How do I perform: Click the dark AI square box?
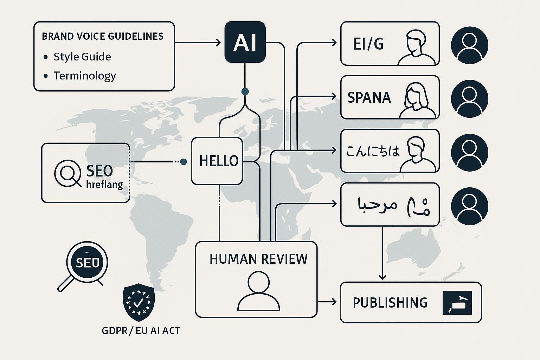tap(245, 42)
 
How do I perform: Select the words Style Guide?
tap(82, 57)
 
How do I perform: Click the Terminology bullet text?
tap(84, 76)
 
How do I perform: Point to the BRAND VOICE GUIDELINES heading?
tap(103, 37)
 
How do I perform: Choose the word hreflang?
tap(104, 184)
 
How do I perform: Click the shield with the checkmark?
tap(139, 302)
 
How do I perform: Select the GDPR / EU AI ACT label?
tap(141, 331)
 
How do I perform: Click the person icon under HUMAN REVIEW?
tap(259, 291)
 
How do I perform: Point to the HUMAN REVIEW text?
tap(258, 259)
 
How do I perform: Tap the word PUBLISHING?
tap(390, 303)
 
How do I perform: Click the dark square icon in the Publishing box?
tap(457, 303)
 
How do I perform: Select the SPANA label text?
tap(369, 97)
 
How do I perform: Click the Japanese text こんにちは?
tap(373, 151)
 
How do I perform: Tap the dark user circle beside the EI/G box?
tap(469, 45)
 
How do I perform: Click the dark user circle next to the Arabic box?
tap(469, 206)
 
